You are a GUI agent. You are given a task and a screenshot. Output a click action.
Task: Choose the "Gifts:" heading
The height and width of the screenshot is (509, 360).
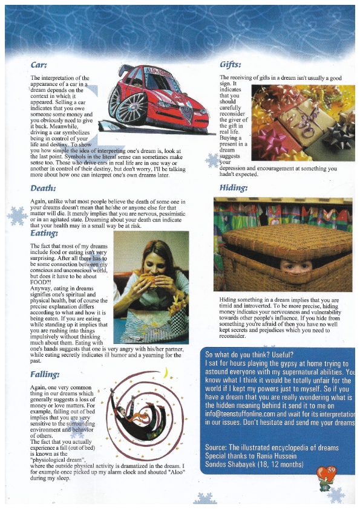click(x=231, y=64)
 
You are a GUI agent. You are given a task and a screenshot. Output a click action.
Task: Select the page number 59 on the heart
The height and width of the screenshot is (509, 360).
click(x=331, y=468)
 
